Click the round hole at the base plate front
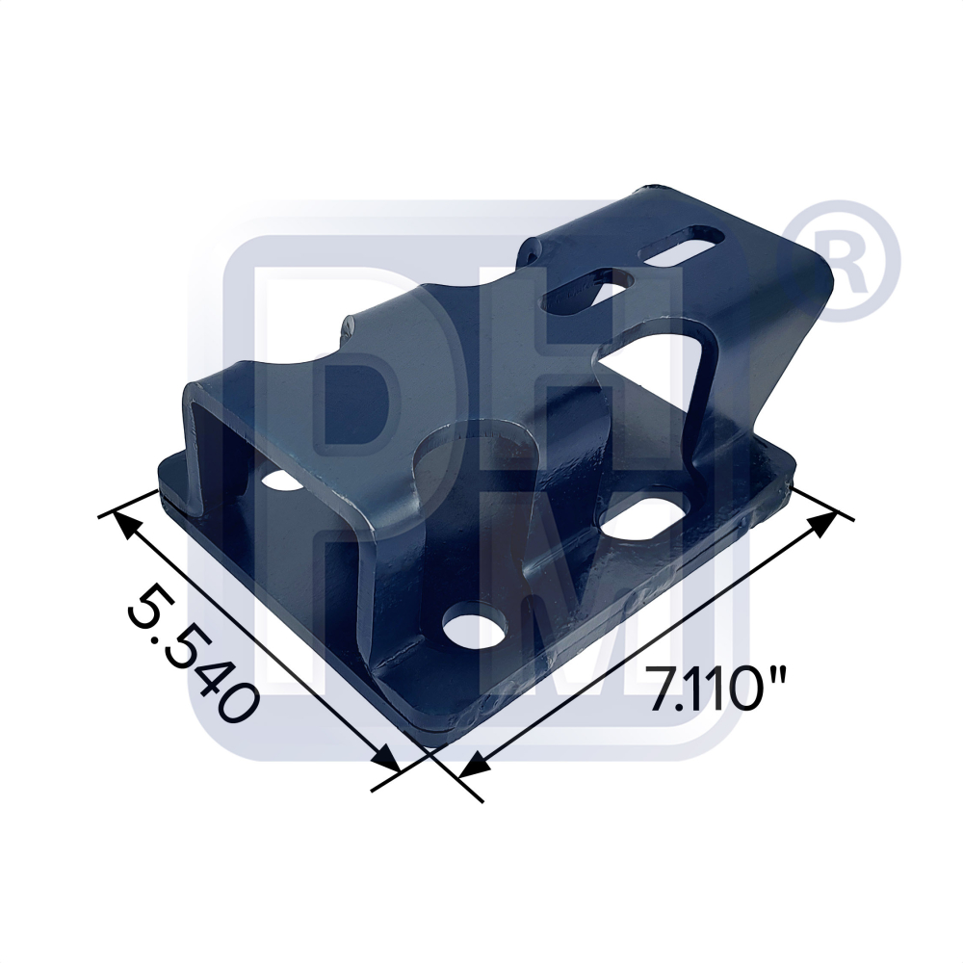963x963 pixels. [x=477, y=629]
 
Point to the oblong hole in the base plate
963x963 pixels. [x=642, y=516]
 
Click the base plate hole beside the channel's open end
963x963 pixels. [x=279, y=478]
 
